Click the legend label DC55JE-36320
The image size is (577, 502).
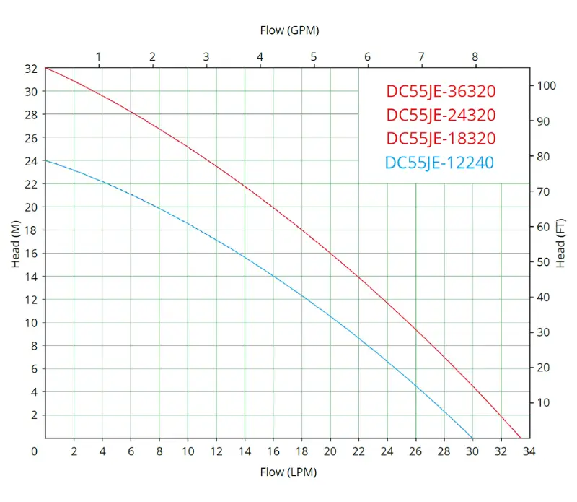(441, 91)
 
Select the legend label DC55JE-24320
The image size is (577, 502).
(441, 115)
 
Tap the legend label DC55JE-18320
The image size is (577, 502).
(441, 139)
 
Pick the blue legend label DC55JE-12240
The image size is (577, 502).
(439, 163)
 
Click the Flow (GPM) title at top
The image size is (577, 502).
(288, 30)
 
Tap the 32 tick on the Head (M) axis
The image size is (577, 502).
(30, 69)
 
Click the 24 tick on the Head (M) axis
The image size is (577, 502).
(30, 161)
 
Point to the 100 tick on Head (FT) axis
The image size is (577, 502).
(546, 85)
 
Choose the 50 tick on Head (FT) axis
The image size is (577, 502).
(543, 261)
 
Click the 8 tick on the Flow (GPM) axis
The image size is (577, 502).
(475, 56)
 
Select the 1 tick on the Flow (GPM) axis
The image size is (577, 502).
(99, 56)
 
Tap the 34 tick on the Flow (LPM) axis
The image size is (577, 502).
(529, 452)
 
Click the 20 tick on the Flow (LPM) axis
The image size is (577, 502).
(330, 452)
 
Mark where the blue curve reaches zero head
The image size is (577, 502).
(472, 438)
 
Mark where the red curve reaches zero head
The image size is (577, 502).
(521, 438)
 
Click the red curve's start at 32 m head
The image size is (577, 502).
(46, 68)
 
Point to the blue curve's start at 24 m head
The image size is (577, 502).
(46, 160)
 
